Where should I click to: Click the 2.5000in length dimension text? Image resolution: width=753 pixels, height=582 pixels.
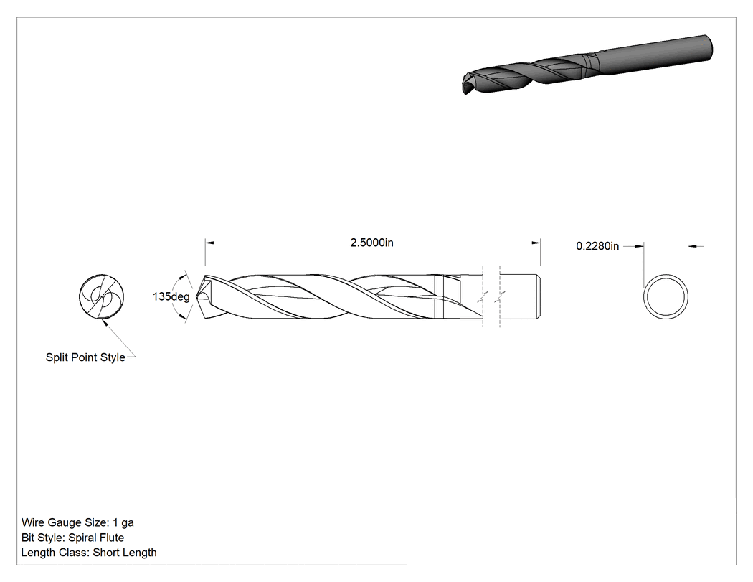click(371, 243)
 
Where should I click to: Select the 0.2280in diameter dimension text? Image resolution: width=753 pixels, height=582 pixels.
click(597, 246)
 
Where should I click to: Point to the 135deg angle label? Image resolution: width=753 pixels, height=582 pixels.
click(171, 296)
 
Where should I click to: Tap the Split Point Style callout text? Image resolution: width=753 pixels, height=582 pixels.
click(85, 357)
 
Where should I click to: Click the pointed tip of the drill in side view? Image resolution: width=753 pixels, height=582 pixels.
click(196, 296)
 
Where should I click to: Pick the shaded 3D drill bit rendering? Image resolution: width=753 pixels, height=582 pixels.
click(587, 65)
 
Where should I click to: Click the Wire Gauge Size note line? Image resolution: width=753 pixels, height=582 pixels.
click(77, 522)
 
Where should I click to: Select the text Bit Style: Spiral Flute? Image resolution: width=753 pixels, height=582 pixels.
click(73, 538)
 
